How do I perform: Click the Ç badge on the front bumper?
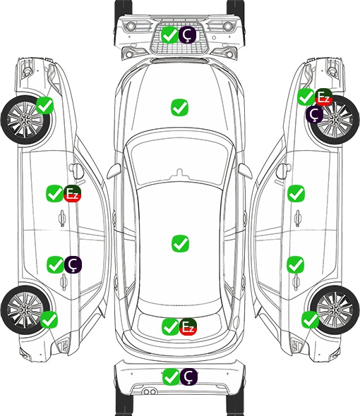pyautogui.click(x=187, y=35)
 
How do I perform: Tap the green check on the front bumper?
pyautogui.click(x=170, y=35)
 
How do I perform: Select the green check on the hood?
pyautogui.click(x=180, y=107)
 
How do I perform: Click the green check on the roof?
pyautogui.click(x=181, y=243)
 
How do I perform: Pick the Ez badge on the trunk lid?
pyautogui.click(x=188, y=327)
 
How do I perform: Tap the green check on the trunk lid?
pyautogui.click(x=170, y=327)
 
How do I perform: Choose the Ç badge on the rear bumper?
pyautogui.click(x=188, y=377)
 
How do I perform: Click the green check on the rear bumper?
pyautogui.click(x=171, y=377)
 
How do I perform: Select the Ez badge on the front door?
pyautogui.click(x=72, y=194)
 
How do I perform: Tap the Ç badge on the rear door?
pyautogui.click(x=73, y=264)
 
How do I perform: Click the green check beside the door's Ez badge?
pyautogui.click(x=55, y=193)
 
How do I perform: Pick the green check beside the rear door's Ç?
pyautogui.click(x=55, y=264)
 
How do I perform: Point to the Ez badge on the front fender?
pyautogui.click(x=323, y=97)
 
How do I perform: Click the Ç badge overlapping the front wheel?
pyautogui.click(x=314, y=114)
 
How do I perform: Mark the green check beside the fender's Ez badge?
pyautogui.click(x=306, y=97)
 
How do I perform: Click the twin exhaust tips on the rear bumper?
pyautogui.click(x=150, y=392)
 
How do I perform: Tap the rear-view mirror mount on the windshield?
pyautogui.click(x=180, y=173)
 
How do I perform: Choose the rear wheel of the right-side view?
pyautogui.click(x=335, y=310)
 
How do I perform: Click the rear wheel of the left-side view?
pyautogui.click(x=25, y=310)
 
